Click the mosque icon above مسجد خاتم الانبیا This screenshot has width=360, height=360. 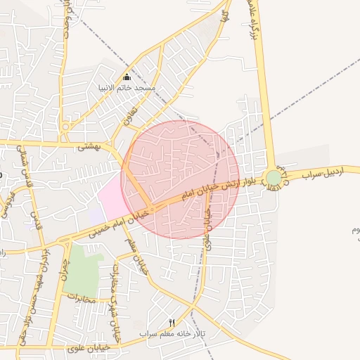point(127,77)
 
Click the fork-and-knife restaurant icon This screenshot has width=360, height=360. point(171,322)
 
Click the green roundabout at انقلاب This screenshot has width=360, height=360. point(273,178)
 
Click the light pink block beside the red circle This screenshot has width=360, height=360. point(111,196)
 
